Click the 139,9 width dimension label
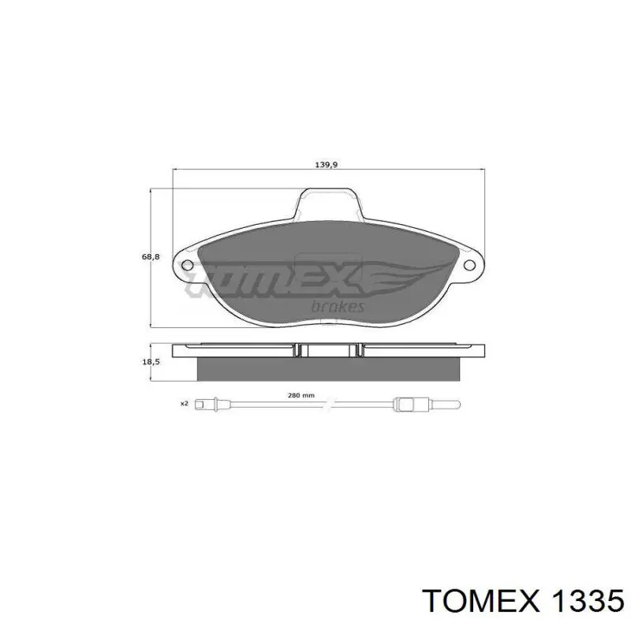326,165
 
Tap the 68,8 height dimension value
151,257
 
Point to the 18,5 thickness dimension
151,362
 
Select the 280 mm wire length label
301,396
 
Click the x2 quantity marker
185,403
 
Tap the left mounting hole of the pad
188,265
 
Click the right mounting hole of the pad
469,265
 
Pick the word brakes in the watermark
338,306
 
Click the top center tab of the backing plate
328,203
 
